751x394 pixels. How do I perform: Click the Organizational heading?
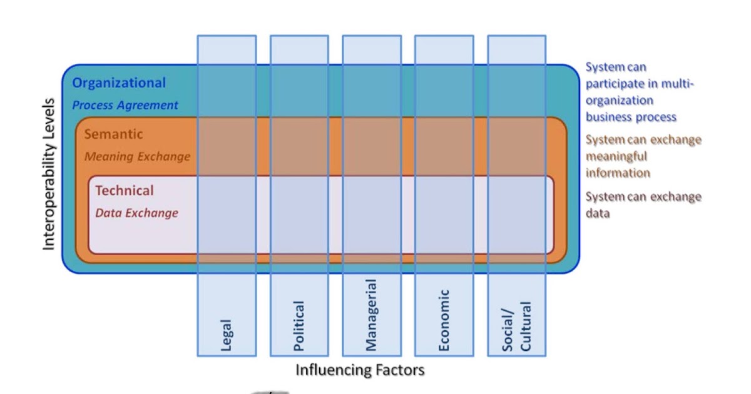pos(119,83)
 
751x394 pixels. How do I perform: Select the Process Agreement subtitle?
pos(125,105)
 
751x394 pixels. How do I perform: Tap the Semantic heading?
pos(113,134)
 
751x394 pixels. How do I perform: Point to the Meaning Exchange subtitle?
pos(137,156)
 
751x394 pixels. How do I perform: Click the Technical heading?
pos(124,191)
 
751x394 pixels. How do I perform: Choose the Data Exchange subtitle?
pos(136,213)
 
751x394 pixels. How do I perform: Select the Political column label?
pos(299,325)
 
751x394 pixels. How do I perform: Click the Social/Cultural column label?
pos(516,326)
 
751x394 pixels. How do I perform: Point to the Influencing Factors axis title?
pos(360,370)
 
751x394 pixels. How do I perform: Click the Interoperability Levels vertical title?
pos(49,174)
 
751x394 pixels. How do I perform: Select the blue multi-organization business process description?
pos(640,92)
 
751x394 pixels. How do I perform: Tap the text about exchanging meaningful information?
pos(643,156)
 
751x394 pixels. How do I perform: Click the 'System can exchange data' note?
pos(643,205)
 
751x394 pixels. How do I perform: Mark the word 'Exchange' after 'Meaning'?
pos(161,156)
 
